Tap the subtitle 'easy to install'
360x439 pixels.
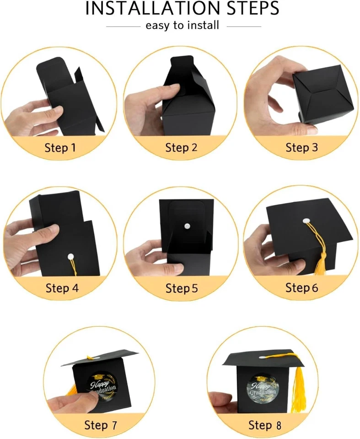click(183, 26)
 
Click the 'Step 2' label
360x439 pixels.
click(181, 147)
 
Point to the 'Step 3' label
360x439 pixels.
click(301, 147)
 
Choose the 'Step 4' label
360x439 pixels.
click(62, 288)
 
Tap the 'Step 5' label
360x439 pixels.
click(181, 288)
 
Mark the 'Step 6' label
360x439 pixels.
click(301, 288)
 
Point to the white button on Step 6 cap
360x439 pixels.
click(306, 221)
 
